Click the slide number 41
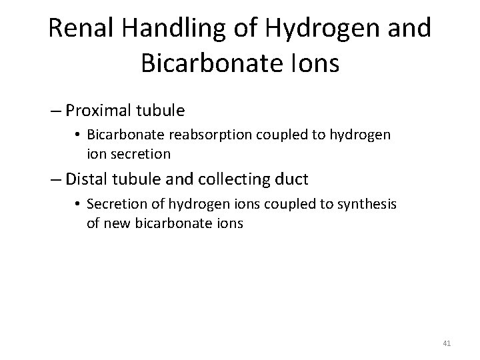pyautogui.click(x=447, y=343)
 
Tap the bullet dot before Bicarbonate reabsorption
pyautogui.click(x=79, y=135)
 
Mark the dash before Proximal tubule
pyautogui.click(x=55, y=109)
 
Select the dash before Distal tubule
pyautogui.click(x=55, y=180)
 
